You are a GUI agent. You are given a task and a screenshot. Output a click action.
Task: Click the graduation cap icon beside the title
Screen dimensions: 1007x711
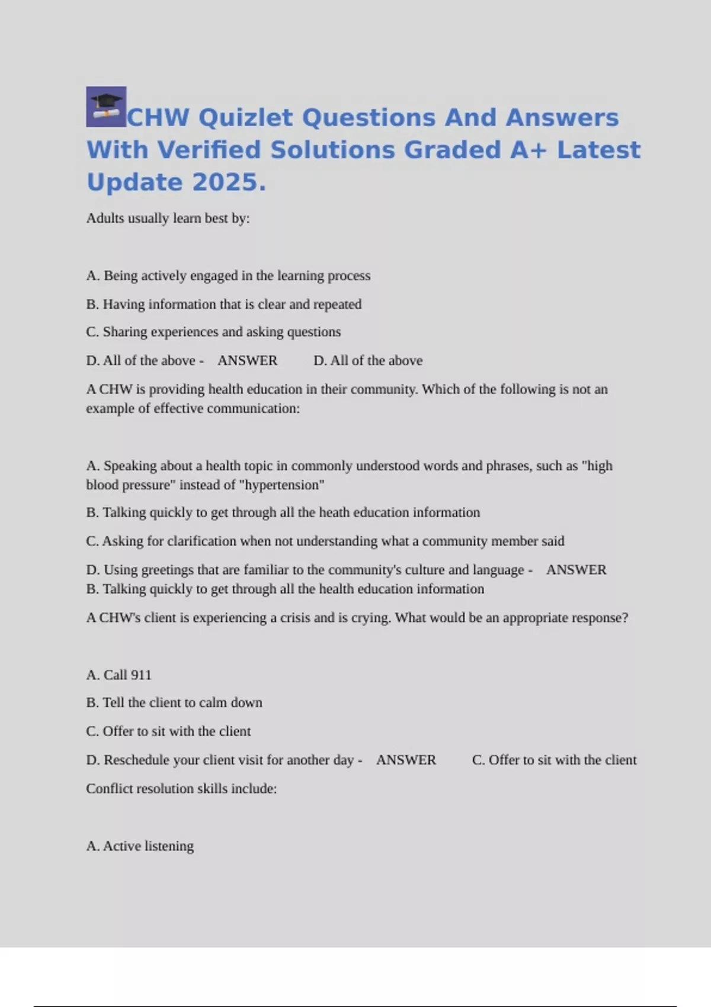pyautogui.click(x=106, y=107)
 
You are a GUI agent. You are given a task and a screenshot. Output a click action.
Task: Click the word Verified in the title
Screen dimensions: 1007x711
pyautogui.click(x=209, y=150)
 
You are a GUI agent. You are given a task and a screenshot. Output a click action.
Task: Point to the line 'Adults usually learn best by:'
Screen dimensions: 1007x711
pyautogui.click(x=168, y=218)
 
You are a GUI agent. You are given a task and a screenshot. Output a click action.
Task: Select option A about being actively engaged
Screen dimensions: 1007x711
pyautogui.click(x=228, y=275)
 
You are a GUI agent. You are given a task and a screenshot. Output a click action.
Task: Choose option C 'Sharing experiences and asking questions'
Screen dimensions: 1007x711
pyautogui.click(x=213, y=332)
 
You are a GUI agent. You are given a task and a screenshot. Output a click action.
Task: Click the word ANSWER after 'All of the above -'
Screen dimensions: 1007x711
pyautogui.click(x=247, y=360)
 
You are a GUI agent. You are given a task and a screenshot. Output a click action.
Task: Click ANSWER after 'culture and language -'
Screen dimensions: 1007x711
pyautogui.click(x=576, y=570)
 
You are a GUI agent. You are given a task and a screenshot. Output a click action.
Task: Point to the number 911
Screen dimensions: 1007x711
pyautogui.click(x=140, y=675)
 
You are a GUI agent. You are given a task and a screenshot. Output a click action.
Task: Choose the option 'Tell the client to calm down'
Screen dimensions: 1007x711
pyautogui.click(x=174, y=703)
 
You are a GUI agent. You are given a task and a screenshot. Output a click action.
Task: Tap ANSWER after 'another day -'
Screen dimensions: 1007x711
pyautogui.click(x=406, y=760)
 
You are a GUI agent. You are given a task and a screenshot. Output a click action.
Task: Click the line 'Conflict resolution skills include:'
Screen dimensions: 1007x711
pyautogui.click(x=181, y=788)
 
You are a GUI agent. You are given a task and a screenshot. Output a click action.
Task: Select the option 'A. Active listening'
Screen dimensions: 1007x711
pyautogui.click(x=140, y=846)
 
